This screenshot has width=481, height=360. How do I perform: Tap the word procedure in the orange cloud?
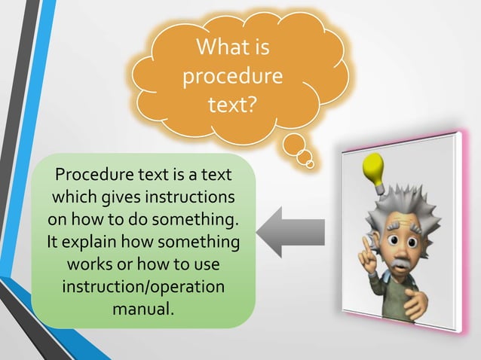[233, 76]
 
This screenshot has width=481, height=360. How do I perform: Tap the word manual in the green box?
[142, 309]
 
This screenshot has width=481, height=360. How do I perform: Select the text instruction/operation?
[143, 287]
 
